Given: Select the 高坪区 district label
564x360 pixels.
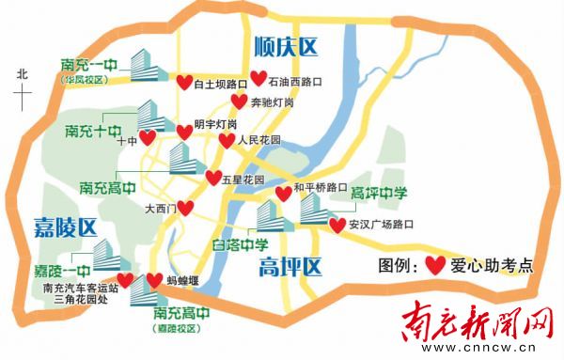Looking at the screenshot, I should (290, 267).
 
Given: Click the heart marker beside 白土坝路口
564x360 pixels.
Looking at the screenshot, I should (184, 83).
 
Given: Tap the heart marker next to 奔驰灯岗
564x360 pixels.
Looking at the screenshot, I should (239, 101).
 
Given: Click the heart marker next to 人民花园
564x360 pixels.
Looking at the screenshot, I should (227, 141).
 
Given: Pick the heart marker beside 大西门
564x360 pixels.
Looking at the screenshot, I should (186, 208).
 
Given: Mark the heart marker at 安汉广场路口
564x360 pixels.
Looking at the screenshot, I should (337, 226).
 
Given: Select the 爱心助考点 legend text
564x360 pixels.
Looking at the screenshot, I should (492, 265).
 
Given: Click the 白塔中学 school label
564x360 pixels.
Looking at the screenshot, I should (214, 246).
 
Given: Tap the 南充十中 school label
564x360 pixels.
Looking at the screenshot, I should (92, 128).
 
